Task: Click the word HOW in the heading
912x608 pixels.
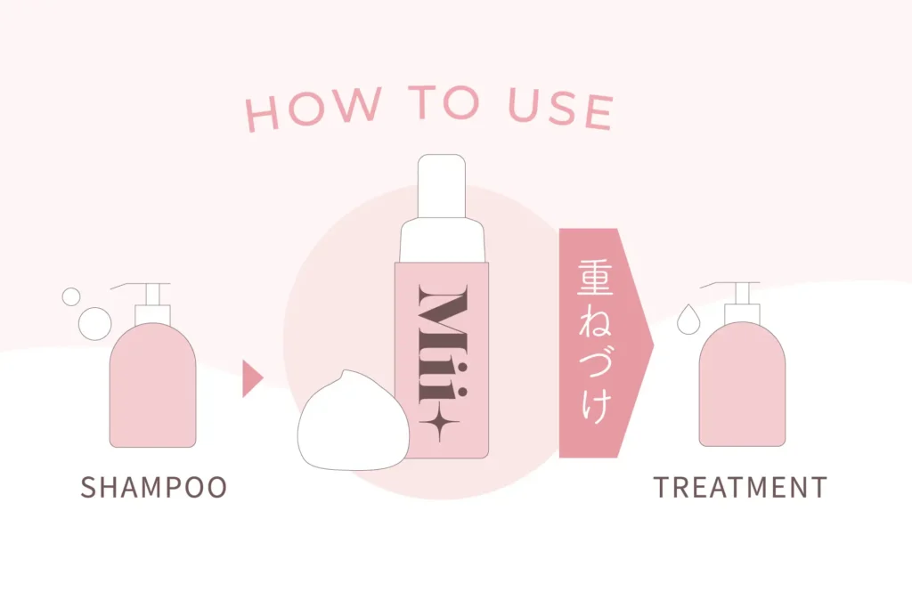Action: [x=313, y=109]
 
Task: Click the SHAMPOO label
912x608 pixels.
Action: [x=153, y=487]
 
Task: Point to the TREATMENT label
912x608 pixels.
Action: [x=740, y=487]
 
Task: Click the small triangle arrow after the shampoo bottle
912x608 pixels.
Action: [x=252, y=378]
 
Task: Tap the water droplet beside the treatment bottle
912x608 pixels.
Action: [x=688, y=319]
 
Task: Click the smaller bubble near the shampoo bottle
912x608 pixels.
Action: [x=71, y=296]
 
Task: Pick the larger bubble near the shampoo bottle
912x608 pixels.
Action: [x=94, y=323]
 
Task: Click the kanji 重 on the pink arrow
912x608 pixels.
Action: [x=595, y=277]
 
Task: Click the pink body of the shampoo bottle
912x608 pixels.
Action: [x=153, y=385]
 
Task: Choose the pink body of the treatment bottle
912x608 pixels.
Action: [x=742, y=385]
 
